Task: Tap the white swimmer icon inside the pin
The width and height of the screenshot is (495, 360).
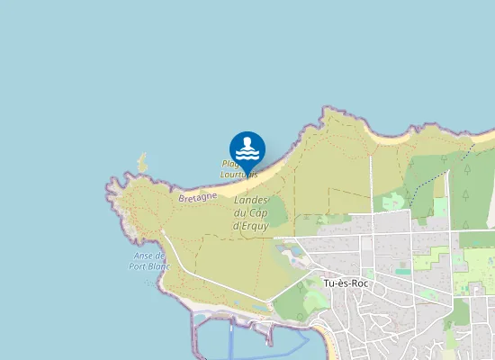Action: [x=247, y=147]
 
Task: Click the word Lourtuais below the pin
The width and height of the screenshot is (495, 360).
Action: [x=240, y=175]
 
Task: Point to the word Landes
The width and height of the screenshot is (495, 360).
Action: [x=252, y=200]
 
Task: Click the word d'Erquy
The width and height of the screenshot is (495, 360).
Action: [x=252, y=225]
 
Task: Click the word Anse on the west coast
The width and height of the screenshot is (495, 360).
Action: [x=154, y=256]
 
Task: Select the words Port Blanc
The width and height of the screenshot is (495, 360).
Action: [x=149, y=266]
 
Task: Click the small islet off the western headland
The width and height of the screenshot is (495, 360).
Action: [x=141, y=163]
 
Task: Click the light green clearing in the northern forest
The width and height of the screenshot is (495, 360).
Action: [x=392, y=202]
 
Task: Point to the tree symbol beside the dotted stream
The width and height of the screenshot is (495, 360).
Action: [x=444, y=160]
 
